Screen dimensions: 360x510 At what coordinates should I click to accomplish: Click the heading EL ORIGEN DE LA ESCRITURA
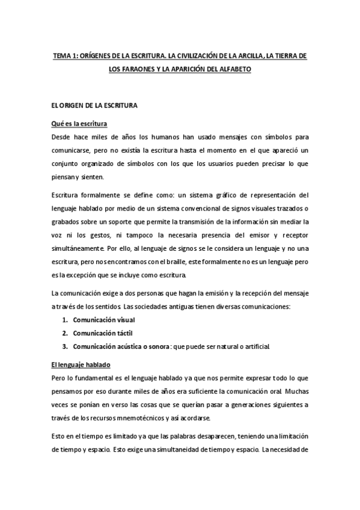(95, 106)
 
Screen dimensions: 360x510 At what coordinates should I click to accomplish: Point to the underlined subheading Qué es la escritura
(79, 124)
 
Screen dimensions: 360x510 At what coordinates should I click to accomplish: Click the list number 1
(65, 319)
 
